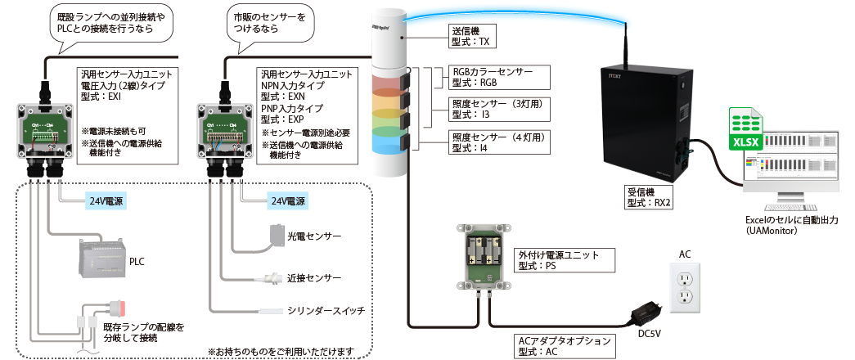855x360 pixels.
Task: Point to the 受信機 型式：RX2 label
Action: pos(647,197)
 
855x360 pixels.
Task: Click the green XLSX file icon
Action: pos(745,134)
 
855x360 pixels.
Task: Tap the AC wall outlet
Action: pos(685,288)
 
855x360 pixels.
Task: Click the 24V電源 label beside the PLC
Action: pos(106,200)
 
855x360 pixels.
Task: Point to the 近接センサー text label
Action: pos(313,278)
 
